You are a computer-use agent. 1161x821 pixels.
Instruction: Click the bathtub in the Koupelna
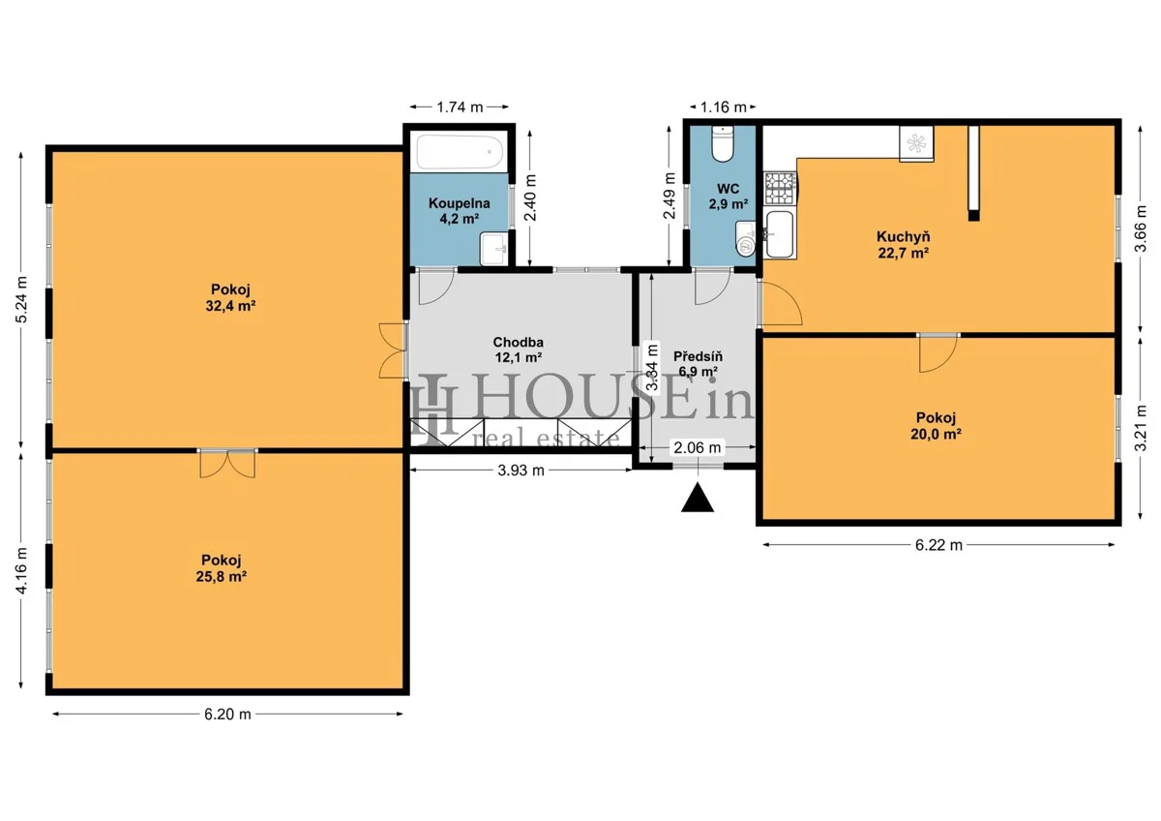[x=460, y=152]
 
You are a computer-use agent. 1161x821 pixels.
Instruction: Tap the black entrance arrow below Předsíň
[x=698, y=497]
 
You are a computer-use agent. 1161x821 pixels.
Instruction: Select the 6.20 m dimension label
[x=227, y=715]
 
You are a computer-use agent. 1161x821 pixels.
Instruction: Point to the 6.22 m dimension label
[x=938, y=544]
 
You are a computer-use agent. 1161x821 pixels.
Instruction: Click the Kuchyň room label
[x=903, y=236]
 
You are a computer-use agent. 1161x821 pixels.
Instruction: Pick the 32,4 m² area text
[x=230, y=306]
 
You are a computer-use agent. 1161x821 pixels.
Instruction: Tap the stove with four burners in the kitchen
[x=781, y=188]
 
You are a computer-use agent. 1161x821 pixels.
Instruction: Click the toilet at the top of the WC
[x=722, y=143]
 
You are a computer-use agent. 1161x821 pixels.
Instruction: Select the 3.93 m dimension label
[x=521, y=470]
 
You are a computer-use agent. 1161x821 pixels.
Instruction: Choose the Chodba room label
[x=518, y=342]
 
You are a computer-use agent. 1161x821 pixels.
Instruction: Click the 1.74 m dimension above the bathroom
[x=460, y=106]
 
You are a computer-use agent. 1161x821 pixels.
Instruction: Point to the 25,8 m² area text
[x=221, y=576]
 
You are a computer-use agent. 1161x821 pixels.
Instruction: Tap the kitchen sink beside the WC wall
[x=780, y=234]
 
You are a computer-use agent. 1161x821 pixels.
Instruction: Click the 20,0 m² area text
[x=936, y=434]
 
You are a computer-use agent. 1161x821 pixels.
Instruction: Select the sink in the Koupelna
[x=494, y=249]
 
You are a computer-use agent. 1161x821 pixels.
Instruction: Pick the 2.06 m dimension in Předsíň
[x=697, y=447]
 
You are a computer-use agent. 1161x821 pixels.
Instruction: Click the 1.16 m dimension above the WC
[x=723, y=106]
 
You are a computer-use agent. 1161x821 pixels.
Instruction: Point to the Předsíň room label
[x=698, y=356]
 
